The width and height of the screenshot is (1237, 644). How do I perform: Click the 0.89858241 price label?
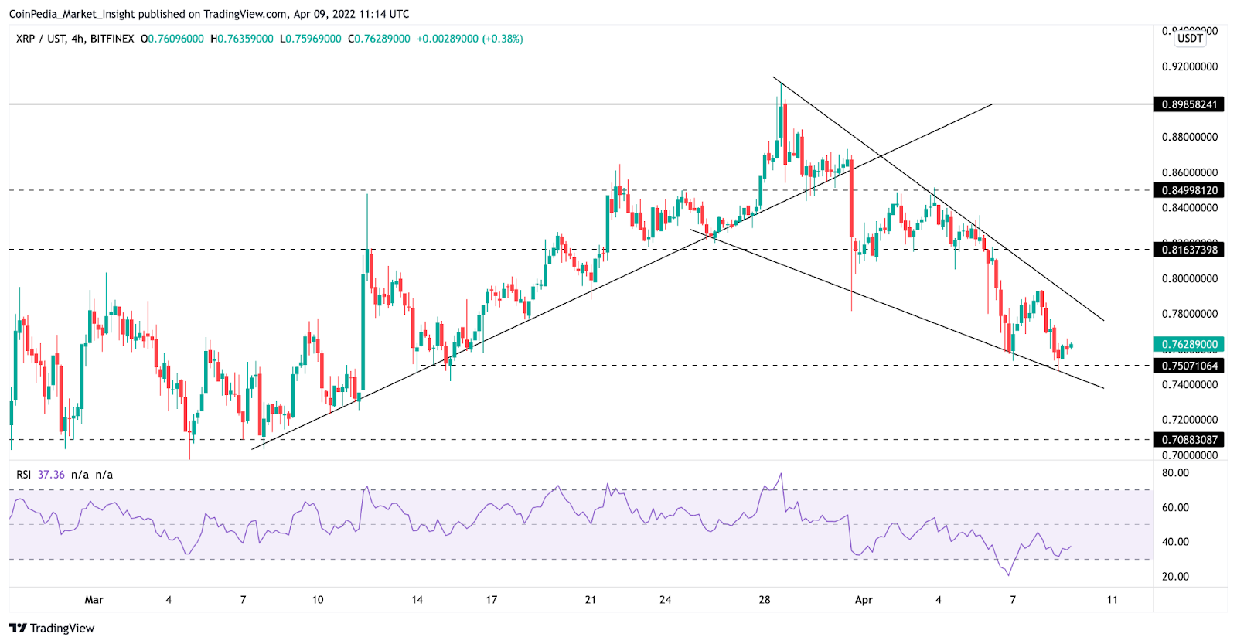click(x=1188, y=104)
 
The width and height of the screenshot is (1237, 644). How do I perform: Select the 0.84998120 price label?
click(x=1188, y=190)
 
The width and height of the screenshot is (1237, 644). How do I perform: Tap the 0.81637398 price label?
click(x=1188, y=250)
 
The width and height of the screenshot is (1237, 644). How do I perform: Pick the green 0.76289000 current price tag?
click(x=1188, y=345)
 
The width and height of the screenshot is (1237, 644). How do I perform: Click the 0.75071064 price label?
click(x=1188, y=366)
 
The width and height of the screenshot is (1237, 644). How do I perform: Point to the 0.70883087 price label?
click(x=1188, y=440)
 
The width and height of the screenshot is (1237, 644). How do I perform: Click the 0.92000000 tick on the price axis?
click(x=1189, y=66)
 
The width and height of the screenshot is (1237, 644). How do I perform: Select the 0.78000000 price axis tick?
click(x=1189, y=314)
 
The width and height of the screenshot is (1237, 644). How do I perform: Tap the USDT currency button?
click(x=1190, y=39)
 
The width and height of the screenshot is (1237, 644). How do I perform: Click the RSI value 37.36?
click(x=51, y=475)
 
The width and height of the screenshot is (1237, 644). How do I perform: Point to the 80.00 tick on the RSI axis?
click(x=1175, y=473)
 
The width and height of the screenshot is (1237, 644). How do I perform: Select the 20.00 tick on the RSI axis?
click(x=1175, y=577)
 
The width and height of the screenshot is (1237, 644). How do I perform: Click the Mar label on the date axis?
click(x=94, y=600)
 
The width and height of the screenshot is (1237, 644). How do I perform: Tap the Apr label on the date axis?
click(x=864, y=600)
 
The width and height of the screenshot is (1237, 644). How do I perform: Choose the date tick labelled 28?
click(x=765, y=600)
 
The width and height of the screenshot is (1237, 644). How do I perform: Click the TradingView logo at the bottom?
click(x=52, y=628)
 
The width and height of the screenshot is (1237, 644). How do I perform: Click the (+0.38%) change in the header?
click(x=503, y=39)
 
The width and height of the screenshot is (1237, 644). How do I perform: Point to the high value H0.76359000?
click(x=242, y=39)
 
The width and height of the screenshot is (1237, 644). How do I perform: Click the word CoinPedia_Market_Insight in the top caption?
click(x=72, y=14)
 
